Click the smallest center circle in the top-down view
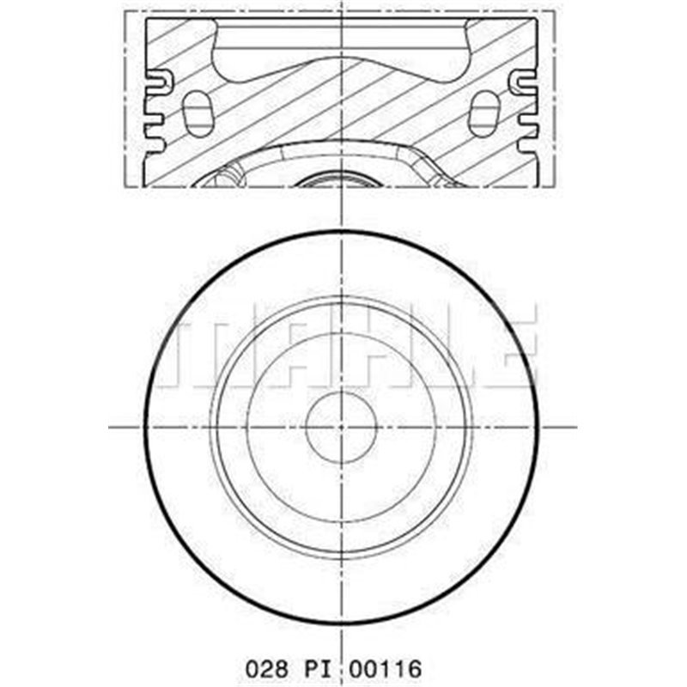pyautogui.click(x=343, y=426)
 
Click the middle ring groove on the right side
pyautogui.click(x=527, y=112)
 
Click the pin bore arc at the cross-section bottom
pyautogui.click(x=342, y=179)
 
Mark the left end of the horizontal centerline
pyautogui.click(x=110, y=426)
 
